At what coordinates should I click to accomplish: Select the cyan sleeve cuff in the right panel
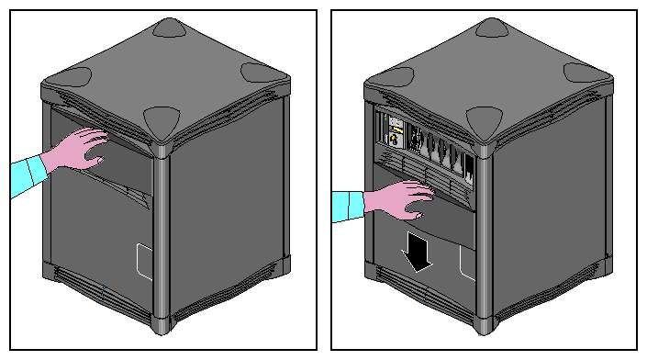[x=347, y=206]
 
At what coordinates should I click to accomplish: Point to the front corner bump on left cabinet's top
[x=162, y=119]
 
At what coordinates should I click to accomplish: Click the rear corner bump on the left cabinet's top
[x=167, y=28]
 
